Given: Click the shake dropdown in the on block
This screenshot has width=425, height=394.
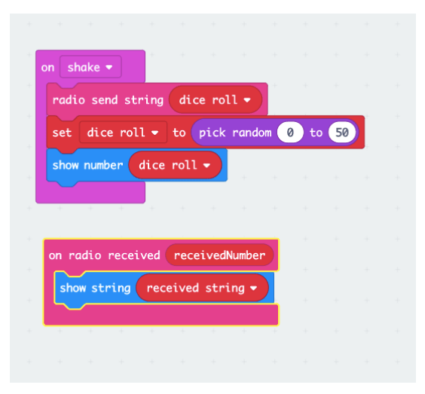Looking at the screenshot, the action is tap(90, 67).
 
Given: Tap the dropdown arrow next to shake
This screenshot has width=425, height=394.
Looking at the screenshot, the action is tap(109, 67).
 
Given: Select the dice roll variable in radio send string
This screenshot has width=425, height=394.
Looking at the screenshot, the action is tap(216, 99).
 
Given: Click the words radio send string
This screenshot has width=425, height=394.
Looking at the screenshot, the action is tap(108, 100).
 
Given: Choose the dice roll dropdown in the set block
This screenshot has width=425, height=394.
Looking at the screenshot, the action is tap(123, 133).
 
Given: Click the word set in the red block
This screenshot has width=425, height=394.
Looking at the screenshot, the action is tap(62, 133).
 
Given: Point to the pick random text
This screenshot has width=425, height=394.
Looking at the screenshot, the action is tap(235, 133).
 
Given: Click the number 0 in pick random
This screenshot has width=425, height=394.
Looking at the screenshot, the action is tap(290, 133).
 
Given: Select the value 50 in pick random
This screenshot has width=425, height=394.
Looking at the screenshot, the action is tap(342, 133).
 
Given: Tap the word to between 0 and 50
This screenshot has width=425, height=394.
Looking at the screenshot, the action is tap(316, 133).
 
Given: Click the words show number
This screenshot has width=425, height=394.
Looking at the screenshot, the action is tap(87, 165).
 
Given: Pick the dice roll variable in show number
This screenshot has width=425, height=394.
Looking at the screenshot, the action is tap(175, 165).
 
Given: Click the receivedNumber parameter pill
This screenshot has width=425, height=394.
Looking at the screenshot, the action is tap(219, 255).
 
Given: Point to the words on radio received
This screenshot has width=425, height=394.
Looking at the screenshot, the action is tap(104, 255).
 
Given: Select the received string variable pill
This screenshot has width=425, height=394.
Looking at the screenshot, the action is tap(202, 288).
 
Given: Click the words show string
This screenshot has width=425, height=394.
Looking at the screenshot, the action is tap(95, 288).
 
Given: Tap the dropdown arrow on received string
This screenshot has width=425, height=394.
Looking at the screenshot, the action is tap(253, 288).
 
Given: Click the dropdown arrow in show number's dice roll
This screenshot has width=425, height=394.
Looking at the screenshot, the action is tap(206, 165).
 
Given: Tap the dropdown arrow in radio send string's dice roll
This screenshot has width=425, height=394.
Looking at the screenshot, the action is tap(247, 100).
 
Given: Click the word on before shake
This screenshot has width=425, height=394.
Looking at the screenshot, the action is tap(47, 68).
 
